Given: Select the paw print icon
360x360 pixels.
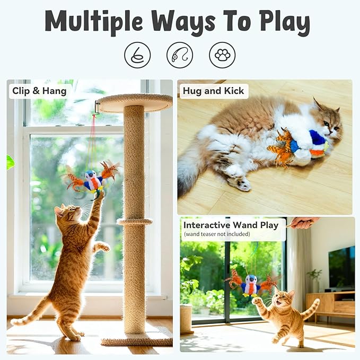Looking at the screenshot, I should (x=222, y=55).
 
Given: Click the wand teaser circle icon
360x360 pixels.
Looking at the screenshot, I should (x=180, y=55).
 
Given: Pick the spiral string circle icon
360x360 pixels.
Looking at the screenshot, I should (x=137, y=55).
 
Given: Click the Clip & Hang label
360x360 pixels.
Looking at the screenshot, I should (x=40, y=91).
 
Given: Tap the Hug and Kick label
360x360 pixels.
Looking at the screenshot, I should (x=213, y=91).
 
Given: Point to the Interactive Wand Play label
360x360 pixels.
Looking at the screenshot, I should (x=231, y=225).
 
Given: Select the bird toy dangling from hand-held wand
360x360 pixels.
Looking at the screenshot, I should (x=250, y=285).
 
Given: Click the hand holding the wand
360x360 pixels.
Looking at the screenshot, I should (x=303, y=223).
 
